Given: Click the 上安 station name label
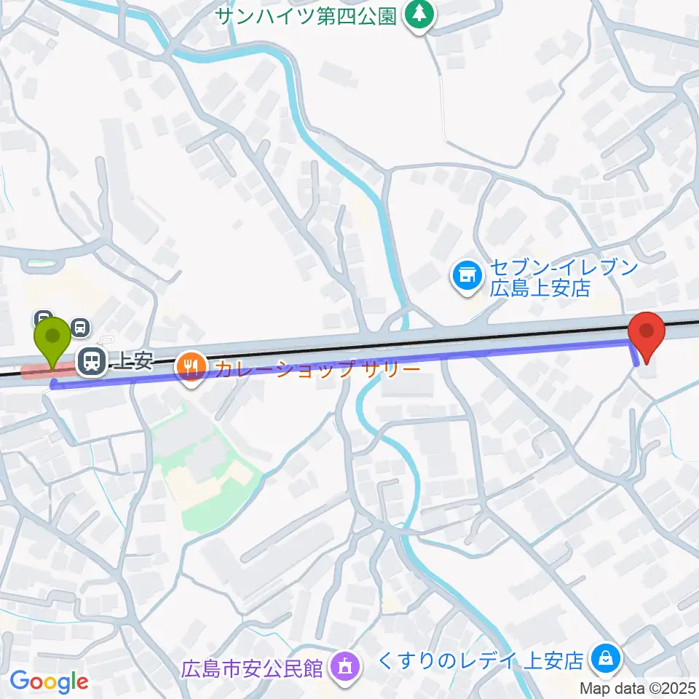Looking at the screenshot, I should [131, 361].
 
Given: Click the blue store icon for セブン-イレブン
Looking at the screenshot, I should [467, 276].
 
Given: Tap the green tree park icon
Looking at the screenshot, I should [418, 15].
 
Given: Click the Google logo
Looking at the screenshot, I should [49, 682].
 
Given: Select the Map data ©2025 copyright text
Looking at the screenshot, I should [638, 687].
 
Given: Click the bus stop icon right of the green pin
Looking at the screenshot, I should [81, 328].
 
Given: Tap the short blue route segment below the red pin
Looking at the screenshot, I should [635, 353].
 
